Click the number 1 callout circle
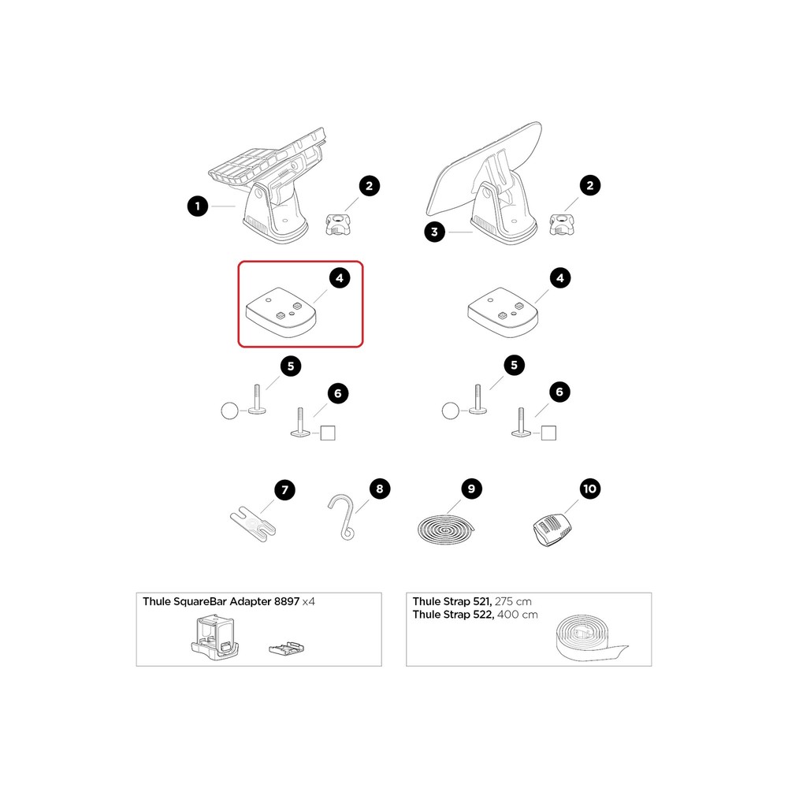click(x=197, y=206)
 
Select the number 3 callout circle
click(x=434, y=231)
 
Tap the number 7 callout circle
click(x=284, y=489)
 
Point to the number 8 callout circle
click(x=379, y=489)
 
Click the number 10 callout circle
click(x=589, y=489)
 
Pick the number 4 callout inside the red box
click(x=340, y=277)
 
